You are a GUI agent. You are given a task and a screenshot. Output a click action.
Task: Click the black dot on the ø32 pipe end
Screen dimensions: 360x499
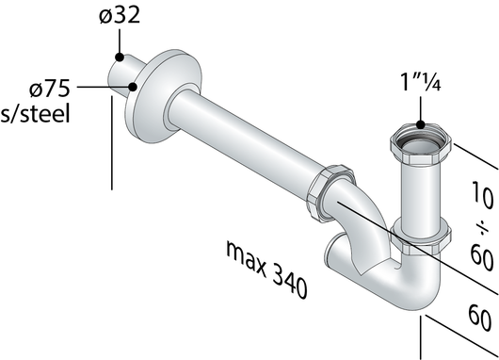pos(119,58)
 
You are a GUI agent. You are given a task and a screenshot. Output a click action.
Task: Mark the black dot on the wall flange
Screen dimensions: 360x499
pos(134,88)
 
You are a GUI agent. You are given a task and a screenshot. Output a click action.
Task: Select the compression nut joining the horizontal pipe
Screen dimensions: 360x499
pos(334,193)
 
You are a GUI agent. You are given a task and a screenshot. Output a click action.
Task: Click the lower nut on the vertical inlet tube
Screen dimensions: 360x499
pos(418,238)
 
